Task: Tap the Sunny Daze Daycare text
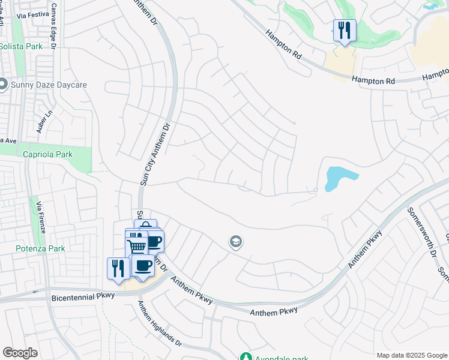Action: tap(49, 85)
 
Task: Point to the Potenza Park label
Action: tap(40, 248)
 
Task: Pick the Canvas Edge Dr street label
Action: tap(54, 28)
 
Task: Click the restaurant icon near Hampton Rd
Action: tap(345, 30)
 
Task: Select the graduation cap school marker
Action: tap(236, 242)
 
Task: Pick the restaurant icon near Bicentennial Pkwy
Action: tap(118, 268)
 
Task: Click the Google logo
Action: tap(20, 353)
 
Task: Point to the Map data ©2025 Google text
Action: tap(411, 355)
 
